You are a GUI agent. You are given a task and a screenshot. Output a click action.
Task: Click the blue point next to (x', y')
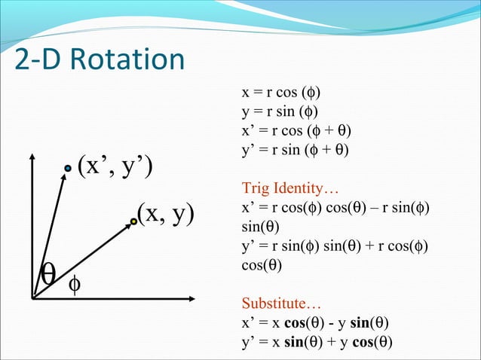(x=67, y=169)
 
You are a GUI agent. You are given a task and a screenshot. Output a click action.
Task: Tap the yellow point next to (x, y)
(x=133, y=221)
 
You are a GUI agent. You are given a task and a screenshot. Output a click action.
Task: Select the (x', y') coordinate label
(x=115, y=166)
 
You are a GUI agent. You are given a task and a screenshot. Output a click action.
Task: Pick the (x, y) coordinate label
(x=165, y=214)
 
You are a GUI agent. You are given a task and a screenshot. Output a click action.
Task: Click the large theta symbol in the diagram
(x=50, y=274)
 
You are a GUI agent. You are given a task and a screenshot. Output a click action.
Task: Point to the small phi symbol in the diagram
(x=75, y=285)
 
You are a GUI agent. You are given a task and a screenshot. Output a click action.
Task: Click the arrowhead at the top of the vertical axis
(x=32, y=157)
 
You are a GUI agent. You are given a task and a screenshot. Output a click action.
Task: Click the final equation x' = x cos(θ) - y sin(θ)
(x=315, y=325)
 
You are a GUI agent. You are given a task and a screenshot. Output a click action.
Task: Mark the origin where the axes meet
(x=33, y=299)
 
